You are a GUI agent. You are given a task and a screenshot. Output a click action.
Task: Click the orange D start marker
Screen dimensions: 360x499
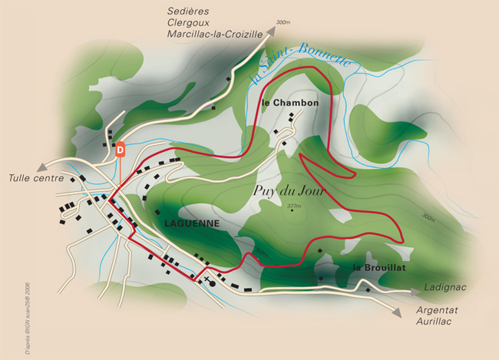(120, 149)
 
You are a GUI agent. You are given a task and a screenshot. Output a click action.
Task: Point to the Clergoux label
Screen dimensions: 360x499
(190, 22)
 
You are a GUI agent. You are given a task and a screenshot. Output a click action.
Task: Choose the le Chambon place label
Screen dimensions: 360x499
(289, 102)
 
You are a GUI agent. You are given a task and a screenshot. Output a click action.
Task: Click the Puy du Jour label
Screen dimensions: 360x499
(286, 189)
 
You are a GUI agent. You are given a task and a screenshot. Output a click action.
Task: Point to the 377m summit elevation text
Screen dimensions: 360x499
(293, 206)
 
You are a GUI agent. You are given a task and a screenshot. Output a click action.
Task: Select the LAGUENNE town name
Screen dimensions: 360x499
(192, 223)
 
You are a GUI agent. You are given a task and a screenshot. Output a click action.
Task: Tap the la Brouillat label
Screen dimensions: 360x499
(378, 267)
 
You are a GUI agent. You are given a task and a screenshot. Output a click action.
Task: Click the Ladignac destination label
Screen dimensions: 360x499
(445, 289)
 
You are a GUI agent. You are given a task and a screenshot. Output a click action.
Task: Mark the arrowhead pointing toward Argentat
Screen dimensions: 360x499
(396, 313)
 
